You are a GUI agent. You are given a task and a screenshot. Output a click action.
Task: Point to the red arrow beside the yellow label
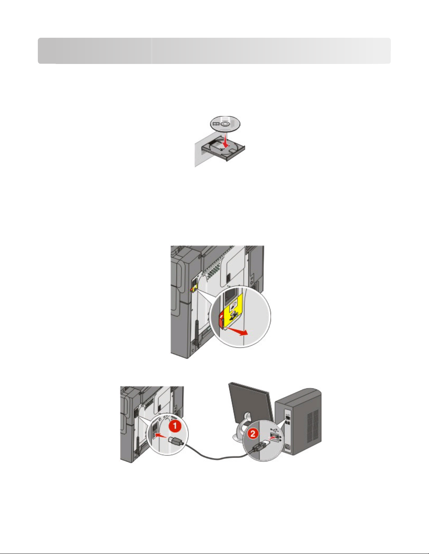click(237, 332)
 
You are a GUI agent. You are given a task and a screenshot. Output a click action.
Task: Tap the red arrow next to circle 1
click(161, 436)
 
